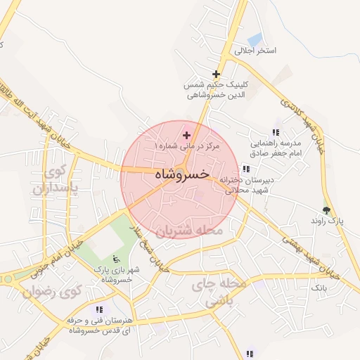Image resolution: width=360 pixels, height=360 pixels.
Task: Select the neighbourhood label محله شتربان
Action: (188, 231)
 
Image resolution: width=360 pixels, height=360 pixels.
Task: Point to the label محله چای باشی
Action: (219, 292)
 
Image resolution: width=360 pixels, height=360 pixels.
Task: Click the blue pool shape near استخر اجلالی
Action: (255, 39)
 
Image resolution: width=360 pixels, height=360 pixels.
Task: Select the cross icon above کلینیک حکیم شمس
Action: (216, 74)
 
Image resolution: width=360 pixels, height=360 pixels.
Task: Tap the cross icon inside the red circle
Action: (186, 135)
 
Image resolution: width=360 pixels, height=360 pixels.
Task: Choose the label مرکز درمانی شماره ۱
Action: (188, 146)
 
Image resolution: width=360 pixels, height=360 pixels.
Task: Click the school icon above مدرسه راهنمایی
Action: (276, 132)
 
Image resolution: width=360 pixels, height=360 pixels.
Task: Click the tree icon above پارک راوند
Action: (326, 210)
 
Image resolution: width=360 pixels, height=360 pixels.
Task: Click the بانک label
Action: (319, 288)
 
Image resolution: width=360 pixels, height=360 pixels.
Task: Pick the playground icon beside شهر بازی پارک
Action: (116, 259)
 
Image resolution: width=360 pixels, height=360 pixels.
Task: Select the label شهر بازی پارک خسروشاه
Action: (116, 274)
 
